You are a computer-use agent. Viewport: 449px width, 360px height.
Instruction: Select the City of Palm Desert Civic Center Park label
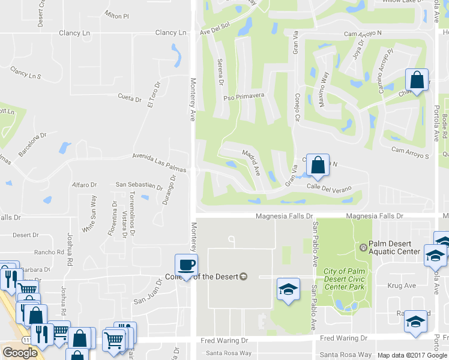coord(344,279)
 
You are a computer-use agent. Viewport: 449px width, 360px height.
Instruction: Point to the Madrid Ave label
coord(251,162)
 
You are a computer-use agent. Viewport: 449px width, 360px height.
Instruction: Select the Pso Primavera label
coord(244,97)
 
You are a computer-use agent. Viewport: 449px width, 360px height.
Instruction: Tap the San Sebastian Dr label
coord(139,185)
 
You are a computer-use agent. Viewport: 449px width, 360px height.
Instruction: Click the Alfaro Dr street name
coord(84,185)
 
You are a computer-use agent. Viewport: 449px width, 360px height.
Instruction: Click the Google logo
coord(20,353)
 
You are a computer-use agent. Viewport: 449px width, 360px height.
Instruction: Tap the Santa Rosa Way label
coord(229,353)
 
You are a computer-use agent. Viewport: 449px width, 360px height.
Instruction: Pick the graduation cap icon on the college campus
coord(288,289)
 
